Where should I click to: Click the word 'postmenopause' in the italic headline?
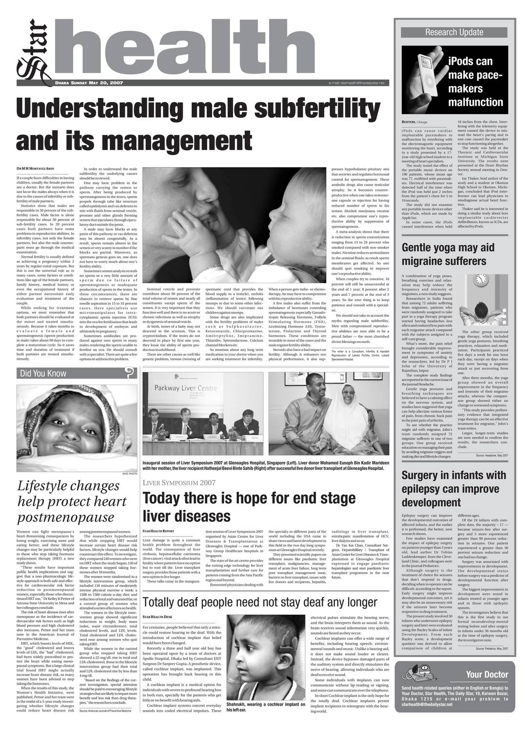(x=65, y=517)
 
